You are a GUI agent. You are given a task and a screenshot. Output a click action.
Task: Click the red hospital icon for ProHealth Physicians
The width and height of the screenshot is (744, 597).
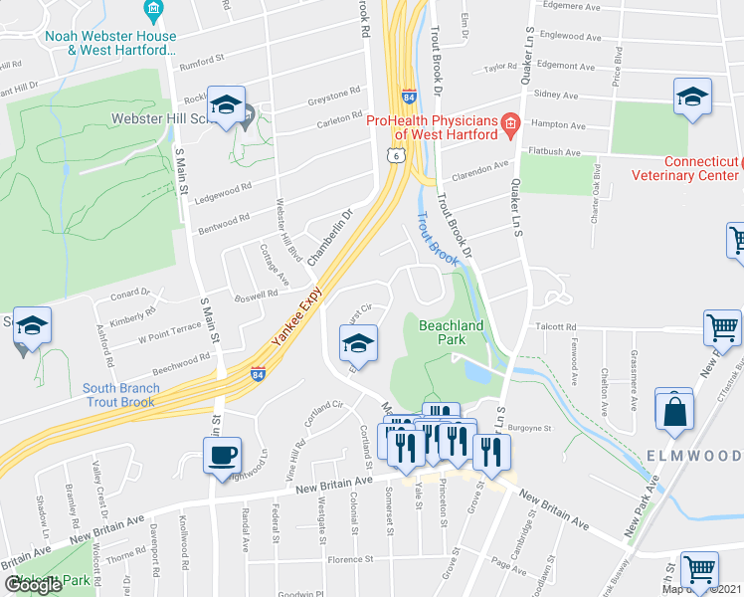click(511, 125)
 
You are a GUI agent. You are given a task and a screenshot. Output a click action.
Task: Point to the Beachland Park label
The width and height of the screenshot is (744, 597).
click(451, 332)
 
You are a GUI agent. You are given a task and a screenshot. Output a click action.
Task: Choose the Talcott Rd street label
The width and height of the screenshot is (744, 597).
click(557, 326)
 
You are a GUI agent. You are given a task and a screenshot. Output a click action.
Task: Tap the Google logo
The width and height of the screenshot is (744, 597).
click(34, 585)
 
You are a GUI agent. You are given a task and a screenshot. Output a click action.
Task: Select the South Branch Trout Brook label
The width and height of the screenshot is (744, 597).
click(104, 395)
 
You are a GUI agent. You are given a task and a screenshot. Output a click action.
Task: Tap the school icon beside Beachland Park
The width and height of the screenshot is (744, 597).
click(356, 344)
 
